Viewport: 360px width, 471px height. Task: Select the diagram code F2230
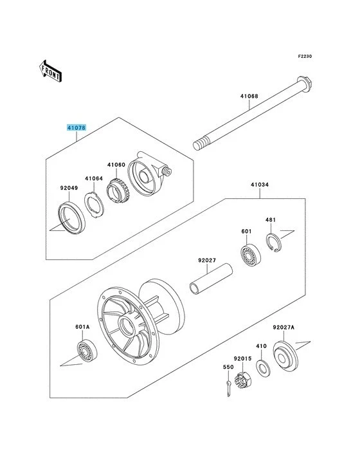(304, 57)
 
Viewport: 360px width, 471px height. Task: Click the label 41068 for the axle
(249, 97)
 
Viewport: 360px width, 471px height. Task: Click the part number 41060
(116, 165)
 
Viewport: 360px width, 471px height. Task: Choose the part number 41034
(259, 185)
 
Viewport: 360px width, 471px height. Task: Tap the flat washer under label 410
(262, 368)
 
